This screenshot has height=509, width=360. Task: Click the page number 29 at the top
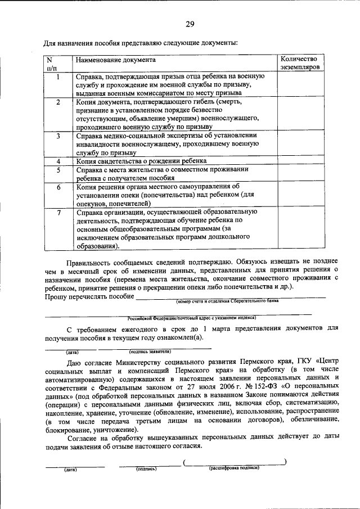coord(190,24)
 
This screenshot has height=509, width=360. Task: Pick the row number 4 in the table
coord(58,161)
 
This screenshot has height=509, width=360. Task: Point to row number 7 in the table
coord(58,212)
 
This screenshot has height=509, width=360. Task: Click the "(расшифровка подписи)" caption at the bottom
coord(235,468)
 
